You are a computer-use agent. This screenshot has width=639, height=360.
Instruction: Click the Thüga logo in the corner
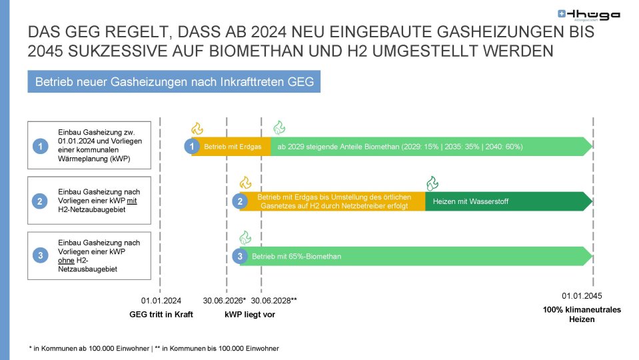pyautogui.click(x=588, y=15)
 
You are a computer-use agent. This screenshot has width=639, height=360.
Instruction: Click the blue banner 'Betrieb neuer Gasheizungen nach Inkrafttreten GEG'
pyautogui.click(x=174, y=81)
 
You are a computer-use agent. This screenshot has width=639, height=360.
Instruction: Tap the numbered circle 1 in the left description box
pyautogui.click(x=41, y=146)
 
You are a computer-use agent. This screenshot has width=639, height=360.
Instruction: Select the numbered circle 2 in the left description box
pyautogui.click(x=40, y=201)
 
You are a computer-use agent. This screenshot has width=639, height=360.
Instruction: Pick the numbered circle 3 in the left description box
pyautogui.click(x=41, y=255)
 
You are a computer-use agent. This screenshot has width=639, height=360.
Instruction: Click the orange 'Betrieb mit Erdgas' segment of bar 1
pyautogui.click(x=231, y=147)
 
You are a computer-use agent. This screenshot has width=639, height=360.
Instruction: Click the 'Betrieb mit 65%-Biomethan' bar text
pyautogui.click(x=297, y=257)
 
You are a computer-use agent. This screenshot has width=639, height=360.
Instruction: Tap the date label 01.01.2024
pyautogui.click(x=161, y=301)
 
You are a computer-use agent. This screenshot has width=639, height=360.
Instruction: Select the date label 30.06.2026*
pyautogui.click(x=225, y=301)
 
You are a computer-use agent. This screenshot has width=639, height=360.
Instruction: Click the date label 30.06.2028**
pyautogui.click(x=274, y=301)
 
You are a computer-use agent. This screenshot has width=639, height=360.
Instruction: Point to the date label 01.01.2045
pyautogui.click(x=582, y=296)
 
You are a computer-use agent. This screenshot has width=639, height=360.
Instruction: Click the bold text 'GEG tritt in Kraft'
pyautogui.click(x=161, y=315)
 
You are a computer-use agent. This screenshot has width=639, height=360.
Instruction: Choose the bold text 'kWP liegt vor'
pyautogui.click(x=250, y=315)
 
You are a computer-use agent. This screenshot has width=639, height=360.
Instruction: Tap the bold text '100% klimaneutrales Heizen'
pyautogui.click(x=582, y=315)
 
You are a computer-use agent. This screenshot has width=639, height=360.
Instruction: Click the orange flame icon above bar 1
pyautogui.click(x=197, y=129)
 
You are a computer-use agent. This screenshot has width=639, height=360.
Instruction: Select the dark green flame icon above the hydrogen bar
pyautogui.click(x=432, y=183)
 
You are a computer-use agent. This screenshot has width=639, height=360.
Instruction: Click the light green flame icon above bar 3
pyautogui.click(x=245, y=237)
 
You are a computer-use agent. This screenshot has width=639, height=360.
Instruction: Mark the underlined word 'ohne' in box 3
pyautogui.click(x=66, y=261)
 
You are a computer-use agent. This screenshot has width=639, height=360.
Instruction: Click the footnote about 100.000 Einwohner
pyautogui.click(x=154, y=349)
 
